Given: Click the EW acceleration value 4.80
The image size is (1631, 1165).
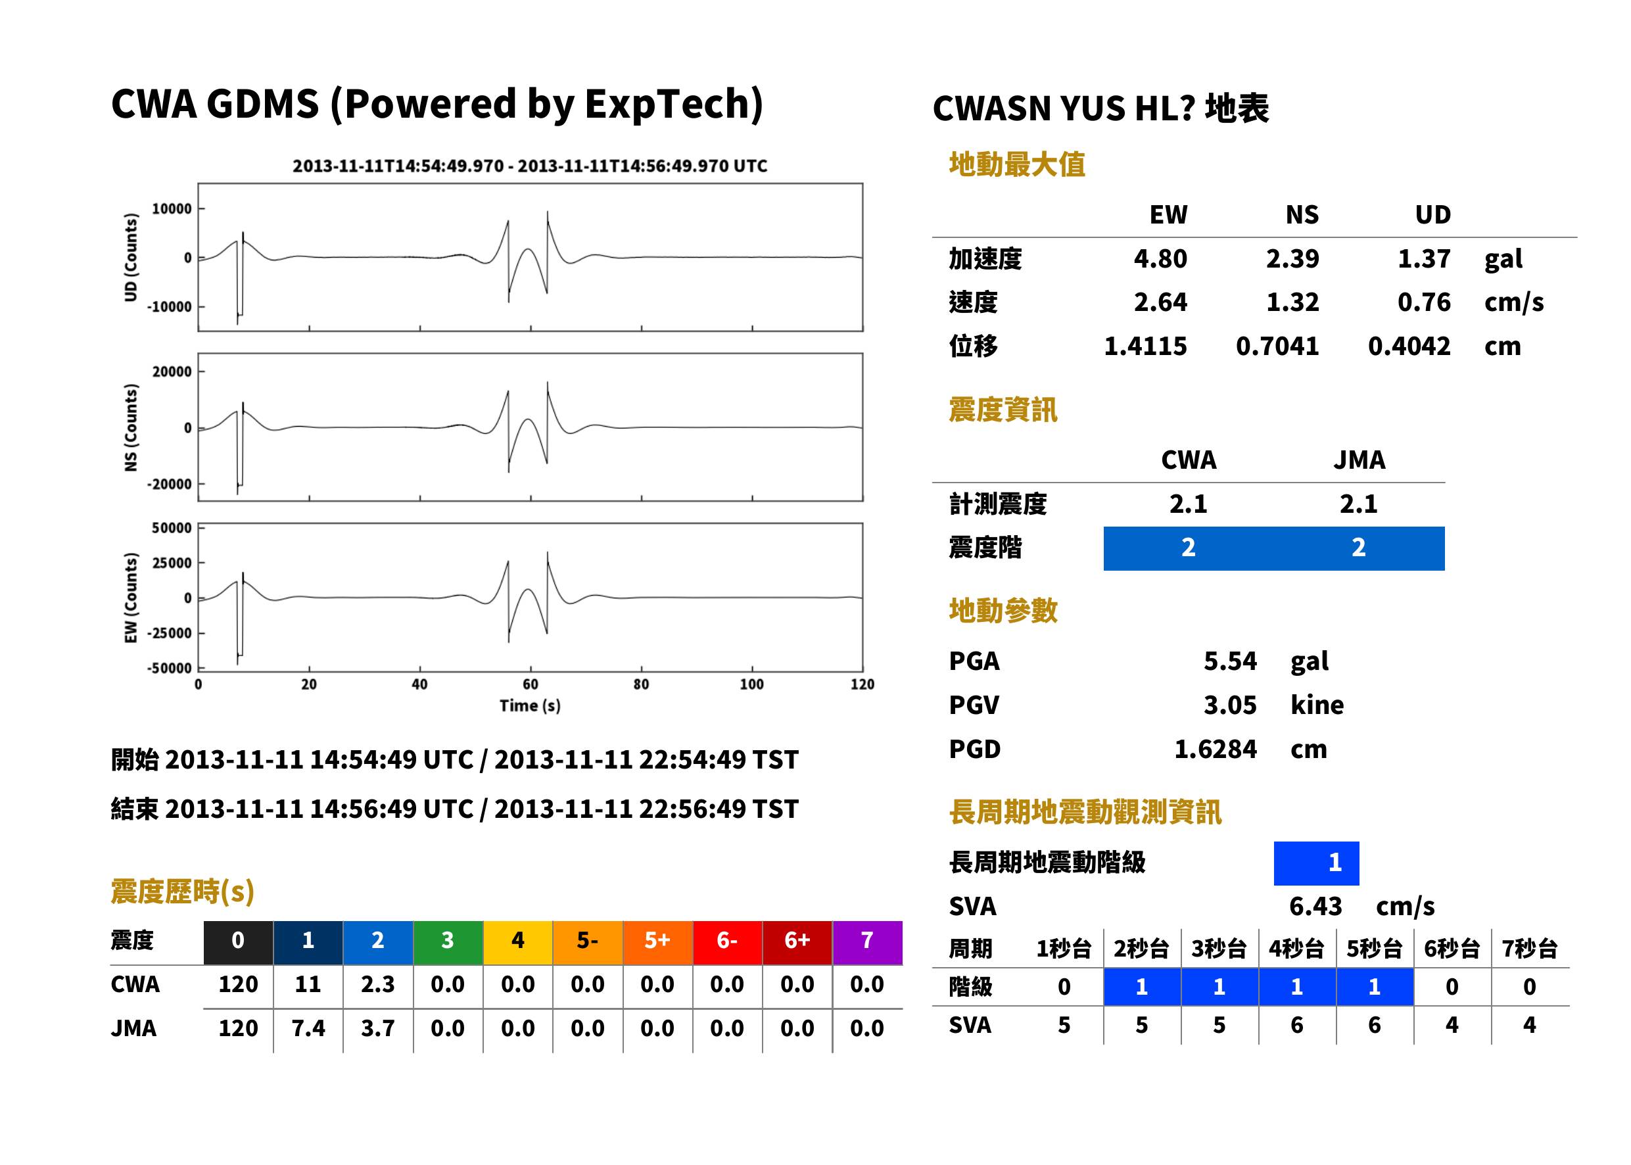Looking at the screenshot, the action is click(x=1160, y=258).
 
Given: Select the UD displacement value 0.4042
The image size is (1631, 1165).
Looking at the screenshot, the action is click(x=1409, y=346).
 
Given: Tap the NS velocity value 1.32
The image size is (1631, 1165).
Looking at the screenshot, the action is click(x=1292, y=302).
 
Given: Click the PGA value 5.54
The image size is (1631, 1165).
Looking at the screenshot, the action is click(x=1229, y=661).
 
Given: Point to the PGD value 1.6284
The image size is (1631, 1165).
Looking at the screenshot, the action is click(x=1215, y=749).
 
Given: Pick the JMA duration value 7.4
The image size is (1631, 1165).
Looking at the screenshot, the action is click(x=308, y=1029).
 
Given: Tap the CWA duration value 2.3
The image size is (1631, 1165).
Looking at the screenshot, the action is click(x=377, y=984).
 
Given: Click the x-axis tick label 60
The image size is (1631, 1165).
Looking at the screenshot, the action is click(x=530, y=684).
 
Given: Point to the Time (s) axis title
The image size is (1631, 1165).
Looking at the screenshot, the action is click(x=530, y=706).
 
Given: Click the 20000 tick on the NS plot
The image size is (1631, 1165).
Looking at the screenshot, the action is click(x=172, y=371).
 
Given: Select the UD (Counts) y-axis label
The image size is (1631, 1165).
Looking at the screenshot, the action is click(x=131, y=257).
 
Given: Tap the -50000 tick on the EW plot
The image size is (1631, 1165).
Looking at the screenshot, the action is click(x=169, y=669).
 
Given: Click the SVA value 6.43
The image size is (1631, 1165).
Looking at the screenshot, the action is click(x=1315, y=907).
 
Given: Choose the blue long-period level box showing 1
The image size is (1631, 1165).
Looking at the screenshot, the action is click(x=1316, y=863).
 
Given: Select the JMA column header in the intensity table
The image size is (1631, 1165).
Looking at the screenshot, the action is click(x=1359, y=460).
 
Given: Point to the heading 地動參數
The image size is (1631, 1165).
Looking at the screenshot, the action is click(x=1003, y=611).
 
